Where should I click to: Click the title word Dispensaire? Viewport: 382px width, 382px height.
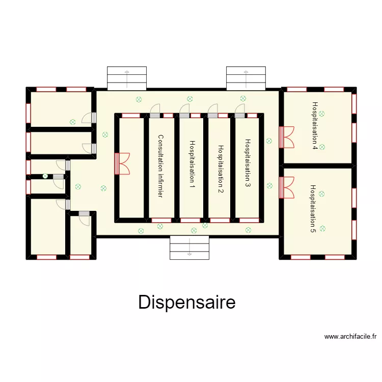point(186,302)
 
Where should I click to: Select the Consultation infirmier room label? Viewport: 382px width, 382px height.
point(160,167)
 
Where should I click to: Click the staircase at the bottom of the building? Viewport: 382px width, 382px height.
point(189,248)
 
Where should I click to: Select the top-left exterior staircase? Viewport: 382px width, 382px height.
point(126,77)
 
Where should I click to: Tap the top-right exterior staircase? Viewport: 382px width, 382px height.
point(246,77)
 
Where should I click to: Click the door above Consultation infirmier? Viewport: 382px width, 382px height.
point(155,110)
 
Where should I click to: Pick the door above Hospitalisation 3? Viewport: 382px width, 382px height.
point(239,110)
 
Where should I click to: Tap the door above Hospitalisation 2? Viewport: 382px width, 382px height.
point(213,110)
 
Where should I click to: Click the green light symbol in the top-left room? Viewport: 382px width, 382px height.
point(73,122)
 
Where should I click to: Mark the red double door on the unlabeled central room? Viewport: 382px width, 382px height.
point(123,164)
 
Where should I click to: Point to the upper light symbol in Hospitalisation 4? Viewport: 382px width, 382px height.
point(322,114)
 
